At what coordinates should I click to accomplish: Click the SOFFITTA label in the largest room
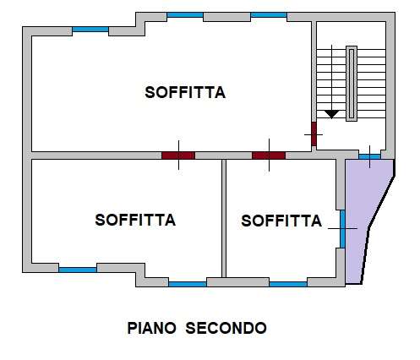[x=185, y=92]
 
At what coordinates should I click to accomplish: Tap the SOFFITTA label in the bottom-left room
[x=135, y=220]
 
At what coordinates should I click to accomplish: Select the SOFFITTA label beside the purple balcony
[x=281, y=221]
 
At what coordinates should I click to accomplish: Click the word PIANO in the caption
[x=151, y=328]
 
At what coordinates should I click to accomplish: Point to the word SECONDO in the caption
[x=226, y=328]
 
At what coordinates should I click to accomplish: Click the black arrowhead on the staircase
[x=331, y=114]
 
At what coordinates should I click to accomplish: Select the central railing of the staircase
[x=352, y=84]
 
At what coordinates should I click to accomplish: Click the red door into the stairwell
[x=314, y=134]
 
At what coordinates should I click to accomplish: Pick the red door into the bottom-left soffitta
[x=178, y=155]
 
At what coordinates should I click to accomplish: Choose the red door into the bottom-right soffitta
[x=269, y=155]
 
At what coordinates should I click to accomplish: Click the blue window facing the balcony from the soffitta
[x=342, y=229]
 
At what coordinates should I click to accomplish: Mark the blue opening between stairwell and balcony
[x=369, y=156]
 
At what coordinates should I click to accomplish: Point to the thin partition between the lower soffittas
[x=224, y=218]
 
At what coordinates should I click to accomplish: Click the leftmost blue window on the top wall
[x=90, y=30]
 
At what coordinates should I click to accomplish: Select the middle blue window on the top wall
[x=185, y=15]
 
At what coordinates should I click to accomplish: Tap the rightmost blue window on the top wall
[x=269, y=15]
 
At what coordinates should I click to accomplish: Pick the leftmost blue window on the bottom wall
[x=78, y=270]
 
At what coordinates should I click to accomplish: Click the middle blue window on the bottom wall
[x=188, y=284]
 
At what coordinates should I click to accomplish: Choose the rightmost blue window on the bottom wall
[x=288, y=284]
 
